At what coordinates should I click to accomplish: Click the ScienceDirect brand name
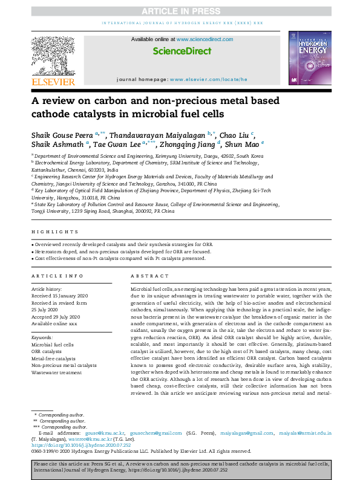click(180, 52)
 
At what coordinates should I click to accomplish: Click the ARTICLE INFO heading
click(57, 276)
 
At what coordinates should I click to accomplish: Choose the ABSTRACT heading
click(145, 276)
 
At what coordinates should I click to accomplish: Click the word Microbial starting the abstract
click(142, 290)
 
